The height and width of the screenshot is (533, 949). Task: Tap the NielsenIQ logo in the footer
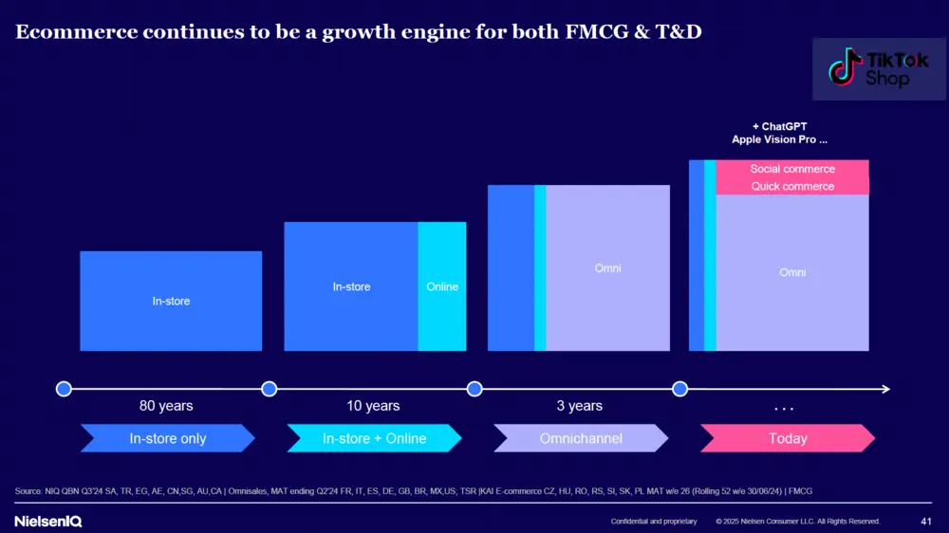[48, 521]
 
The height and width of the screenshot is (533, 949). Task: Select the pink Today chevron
[788, 438]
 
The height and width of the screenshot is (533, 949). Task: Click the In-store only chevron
[168, 438]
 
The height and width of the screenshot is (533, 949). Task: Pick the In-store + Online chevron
[374, 438]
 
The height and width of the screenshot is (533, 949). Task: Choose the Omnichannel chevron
[580, 438]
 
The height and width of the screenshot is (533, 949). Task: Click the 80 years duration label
[166, 406]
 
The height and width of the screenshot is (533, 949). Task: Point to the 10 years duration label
[373, 406]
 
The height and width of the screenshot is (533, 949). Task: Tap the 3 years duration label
[579, 406]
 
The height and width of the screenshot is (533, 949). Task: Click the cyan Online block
[442, 286]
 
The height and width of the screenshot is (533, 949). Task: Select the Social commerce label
[792, 169]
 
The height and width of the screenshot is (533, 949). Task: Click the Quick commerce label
[792, 186]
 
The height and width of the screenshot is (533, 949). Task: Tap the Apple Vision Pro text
[780, 139]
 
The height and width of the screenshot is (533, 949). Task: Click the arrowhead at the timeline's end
[884, 389]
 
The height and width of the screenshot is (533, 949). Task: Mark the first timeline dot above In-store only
[64, 389]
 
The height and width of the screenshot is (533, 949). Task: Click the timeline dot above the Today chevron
[679, 389]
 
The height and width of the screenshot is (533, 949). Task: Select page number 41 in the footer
[926, 521]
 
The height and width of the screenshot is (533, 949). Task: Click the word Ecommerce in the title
[73, 33]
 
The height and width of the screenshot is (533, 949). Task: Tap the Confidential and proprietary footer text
[654, 522]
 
